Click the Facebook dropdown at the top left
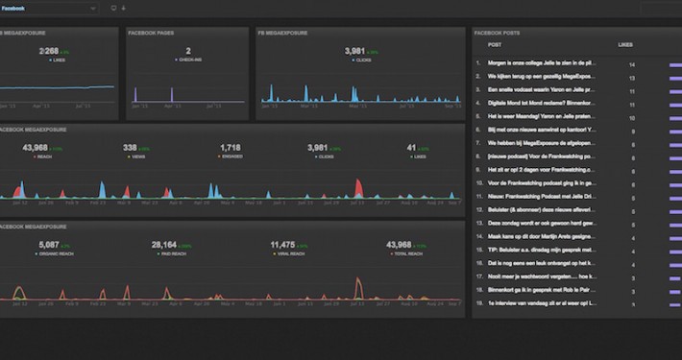click(x=48, y=8)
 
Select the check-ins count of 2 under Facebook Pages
click(x=187, y=51)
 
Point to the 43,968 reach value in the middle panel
click(x=36, y=148)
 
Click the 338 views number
click(x=130, y=148)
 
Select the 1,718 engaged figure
click(x=230, y=148)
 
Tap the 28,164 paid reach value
click(x=164, y=245)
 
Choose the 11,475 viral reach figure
click(x=282, y=245)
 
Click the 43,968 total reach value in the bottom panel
click(x=400, y=245)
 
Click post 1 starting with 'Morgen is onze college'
click(x=542, y=63)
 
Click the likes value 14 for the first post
click(x=632, y=63)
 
